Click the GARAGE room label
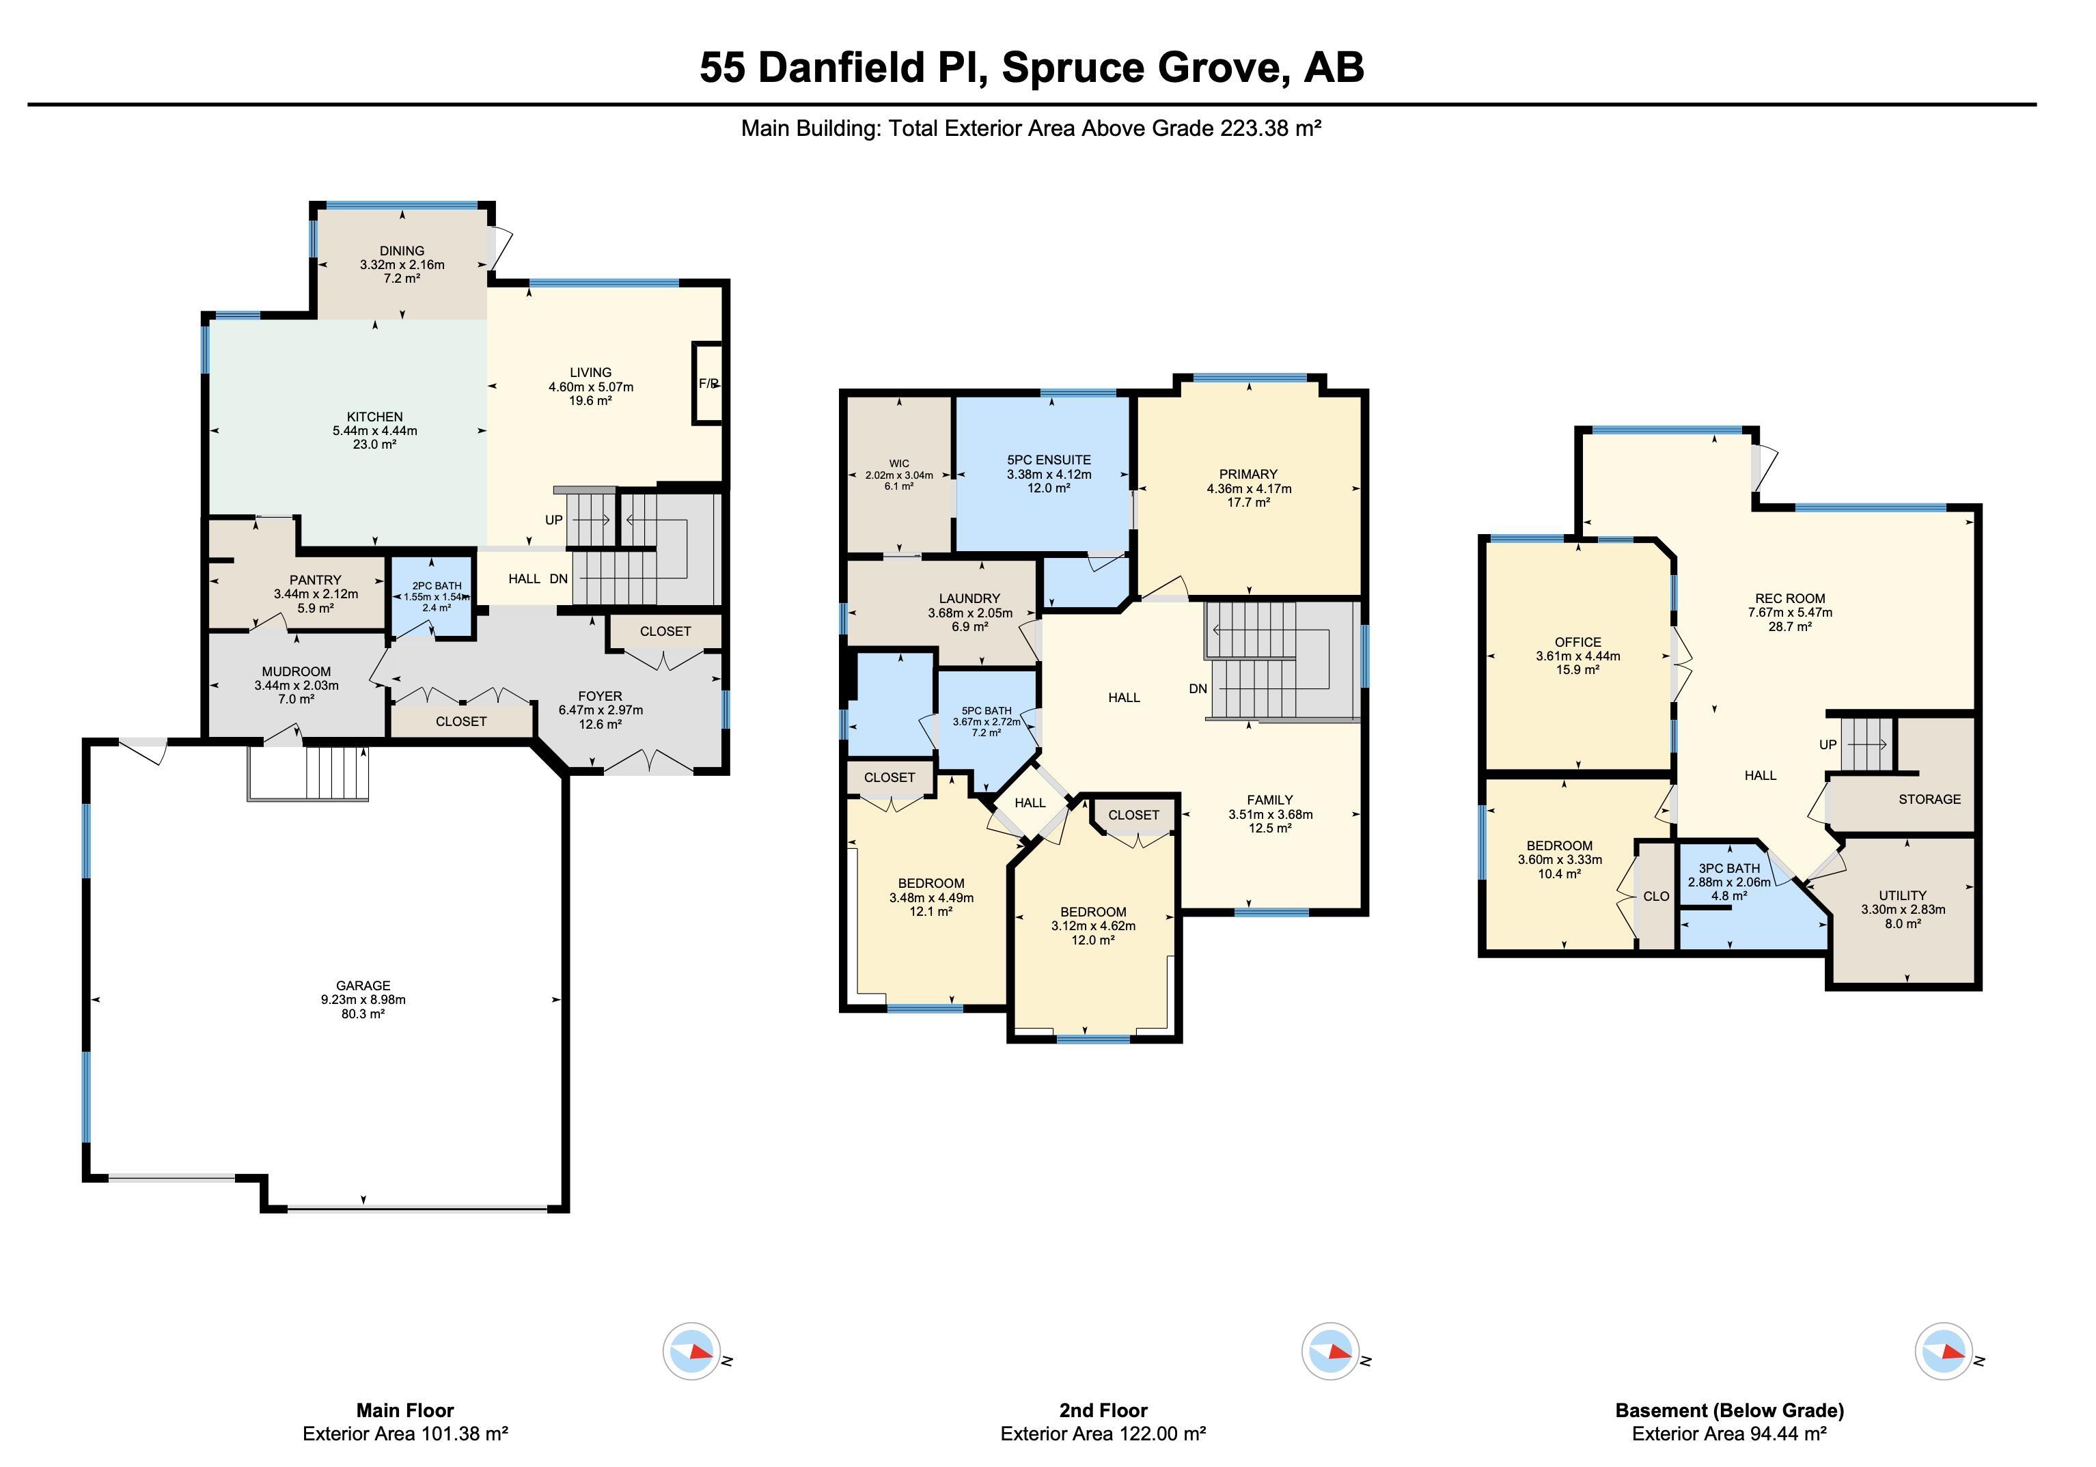click(363, 986)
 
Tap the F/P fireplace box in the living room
click(708, 383)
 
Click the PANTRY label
click(315, 580)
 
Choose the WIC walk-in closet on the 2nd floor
click(899, 475)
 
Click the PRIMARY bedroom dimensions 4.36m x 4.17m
click(1249, 488)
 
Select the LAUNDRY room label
click(969, 599)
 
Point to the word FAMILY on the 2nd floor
click(1270, 800)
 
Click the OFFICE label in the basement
click(1577, 642)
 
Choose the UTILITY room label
click(1903, 895)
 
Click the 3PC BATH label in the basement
click(1729, 868)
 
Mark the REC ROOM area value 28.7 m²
click(1789, 627)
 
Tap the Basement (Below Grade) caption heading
click(1729, 1410)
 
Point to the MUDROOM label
click(296, 671)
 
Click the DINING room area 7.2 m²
click(402, 279)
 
